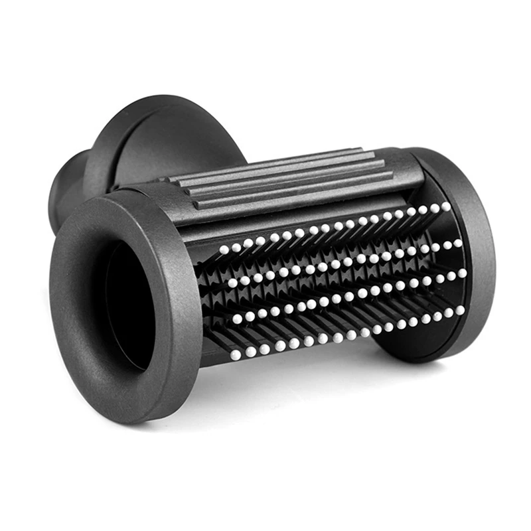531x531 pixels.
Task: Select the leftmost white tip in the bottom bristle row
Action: click(x=235, y=356)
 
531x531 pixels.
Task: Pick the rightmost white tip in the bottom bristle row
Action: click(x=459, y=309)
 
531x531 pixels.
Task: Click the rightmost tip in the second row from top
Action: click(x=458, y=244)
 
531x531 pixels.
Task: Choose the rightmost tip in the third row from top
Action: click(x=461, y=272)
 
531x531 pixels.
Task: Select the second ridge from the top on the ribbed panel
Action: click(x=279, y=171)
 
